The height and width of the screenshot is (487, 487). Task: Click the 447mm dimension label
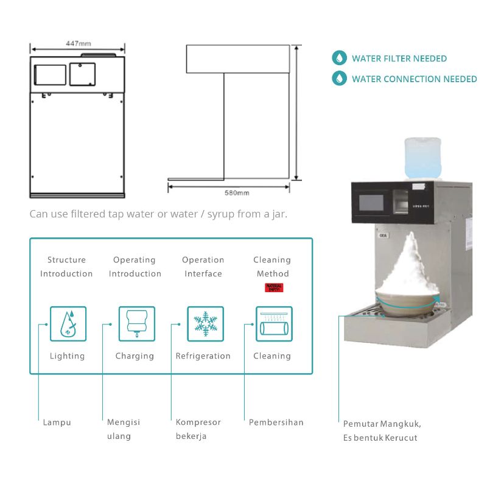[x=78, y=43]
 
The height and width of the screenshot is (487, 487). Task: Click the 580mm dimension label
[x=237, y=193]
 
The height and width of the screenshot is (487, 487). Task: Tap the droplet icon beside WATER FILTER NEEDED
[x=338, y=58]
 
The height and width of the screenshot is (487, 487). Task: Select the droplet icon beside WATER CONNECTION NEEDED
[x=338, y=79]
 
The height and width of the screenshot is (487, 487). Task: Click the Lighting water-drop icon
[x=68, y=323]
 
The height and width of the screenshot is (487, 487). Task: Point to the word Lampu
[x=57, y=422]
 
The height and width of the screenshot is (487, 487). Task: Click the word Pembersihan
[x=276, y=422]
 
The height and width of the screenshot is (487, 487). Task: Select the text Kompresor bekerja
[x=198, y=429]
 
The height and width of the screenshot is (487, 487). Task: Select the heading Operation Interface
[x=203, y=267]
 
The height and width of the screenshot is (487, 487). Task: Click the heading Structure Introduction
[x=66, y=267]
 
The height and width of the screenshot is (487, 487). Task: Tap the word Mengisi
[x=124, y=422]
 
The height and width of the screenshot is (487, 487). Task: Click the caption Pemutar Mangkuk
[x=382, y=424]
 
